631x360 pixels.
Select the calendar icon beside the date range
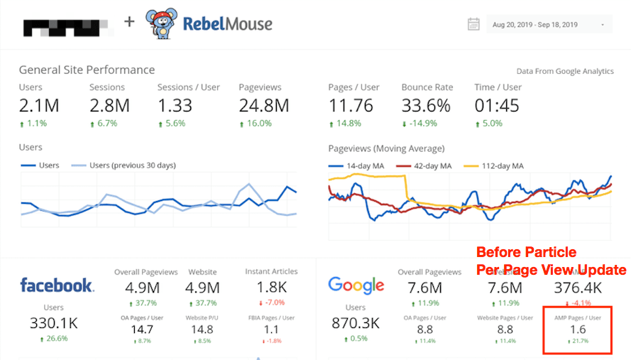click(x=473, y=24)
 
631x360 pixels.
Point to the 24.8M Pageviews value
click(x=263, y=106)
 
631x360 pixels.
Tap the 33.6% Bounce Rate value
click(x=425, y=106)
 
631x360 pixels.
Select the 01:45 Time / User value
click(x=497, y=106)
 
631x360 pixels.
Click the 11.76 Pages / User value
click(x=351, y=106)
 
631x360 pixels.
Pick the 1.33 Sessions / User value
click(x=180, y=106)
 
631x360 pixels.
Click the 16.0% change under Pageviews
click(x=258, y=124)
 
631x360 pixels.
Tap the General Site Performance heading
click(x=87, y=70)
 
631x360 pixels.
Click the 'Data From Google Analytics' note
click(x=565, y=71)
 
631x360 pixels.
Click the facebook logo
click(x=57, y=286)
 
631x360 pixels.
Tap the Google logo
click(x=356, y=286)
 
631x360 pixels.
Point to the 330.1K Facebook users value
click(x=53, y=323)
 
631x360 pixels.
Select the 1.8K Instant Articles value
click(x=271, y=288)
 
